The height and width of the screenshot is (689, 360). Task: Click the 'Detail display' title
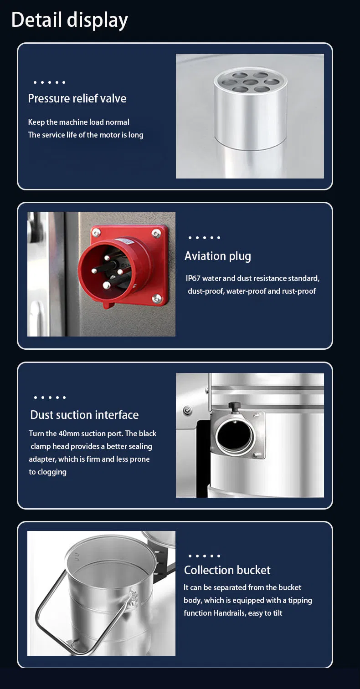tap(70, 20)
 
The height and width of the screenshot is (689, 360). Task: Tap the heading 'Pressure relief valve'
tap(77, 98)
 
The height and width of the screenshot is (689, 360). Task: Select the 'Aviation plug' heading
tap(218, 256)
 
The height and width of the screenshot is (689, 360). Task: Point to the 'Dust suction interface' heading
tap(84, 415)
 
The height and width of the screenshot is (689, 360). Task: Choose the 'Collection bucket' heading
tap(227, 570)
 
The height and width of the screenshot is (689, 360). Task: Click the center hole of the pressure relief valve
tap(250, 82)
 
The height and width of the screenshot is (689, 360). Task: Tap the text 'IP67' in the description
tap(193, 278)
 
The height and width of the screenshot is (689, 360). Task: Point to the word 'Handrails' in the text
tap(230, 613)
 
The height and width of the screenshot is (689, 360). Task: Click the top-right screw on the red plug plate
tap(156, 234)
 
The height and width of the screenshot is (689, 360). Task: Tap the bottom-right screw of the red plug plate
tap(157, 298)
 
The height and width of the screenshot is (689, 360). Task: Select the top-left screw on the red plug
tap(96, 233)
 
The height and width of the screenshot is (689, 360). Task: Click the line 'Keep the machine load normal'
tap(79, 122)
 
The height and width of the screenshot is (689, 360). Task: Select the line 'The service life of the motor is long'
tap(86, 135)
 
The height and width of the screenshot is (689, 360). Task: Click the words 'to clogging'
tap(48, 472)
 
